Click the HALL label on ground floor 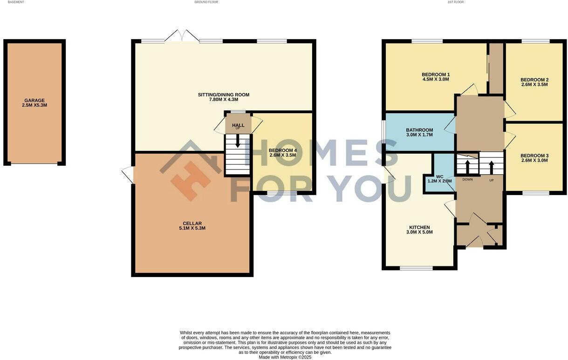(x=238, y=125)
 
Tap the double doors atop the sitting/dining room (x=182, y=36)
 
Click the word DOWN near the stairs (x=467, y=179)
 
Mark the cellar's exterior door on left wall (x=127, y=175)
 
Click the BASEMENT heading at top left (x=16, y=2)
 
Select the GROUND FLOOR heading (x=206, y=2)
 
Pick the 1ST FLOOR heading (x=456, y=2)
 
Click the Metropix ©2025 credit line (x=285, y=357)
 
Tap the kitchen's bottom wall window (x=416, y=268)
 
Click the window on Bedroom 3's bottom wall (x=535, y=192)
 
